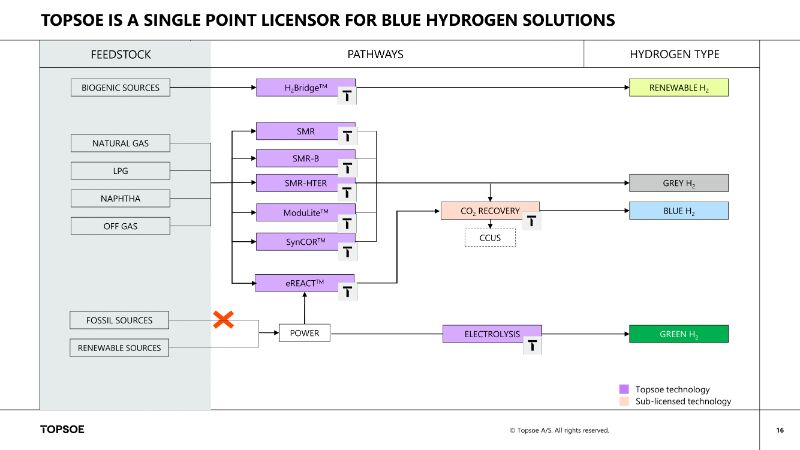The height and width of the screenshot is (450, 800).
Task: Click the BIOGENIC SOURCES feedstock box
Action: click(x=120, y=87)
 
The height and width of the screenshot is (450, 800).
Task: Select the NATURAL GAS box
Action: click(x=120, y=144)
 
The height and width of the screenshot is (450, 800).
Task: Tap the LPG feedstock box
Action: click(x=120, y=170)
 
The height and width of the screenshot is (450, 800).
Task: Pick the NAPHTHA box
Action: click(x=120, y=198)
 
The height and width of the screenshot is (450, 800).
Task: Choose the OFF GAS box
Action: click(x=120, y=226)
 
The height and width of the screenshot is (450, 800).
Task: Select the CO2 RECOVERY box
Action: click(x=490, y=211)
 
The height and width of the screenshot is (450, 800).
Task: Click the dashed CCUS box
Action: click(x=490, y=238)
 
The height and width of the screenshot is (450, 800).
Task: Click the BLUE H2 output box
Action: click(x=678, y=211)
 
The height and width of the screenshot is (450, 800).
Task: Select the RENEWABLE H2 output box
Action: click(x=678, y=87)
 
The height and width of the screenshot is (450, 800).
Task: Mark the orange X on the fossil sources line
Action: click(x=224, y=320)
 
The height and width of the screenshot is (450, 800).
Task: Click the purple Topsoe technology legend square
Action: click(x=624, y=388)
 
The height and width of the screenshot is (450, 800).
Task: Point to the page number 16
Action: click(x=779, y=430)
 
